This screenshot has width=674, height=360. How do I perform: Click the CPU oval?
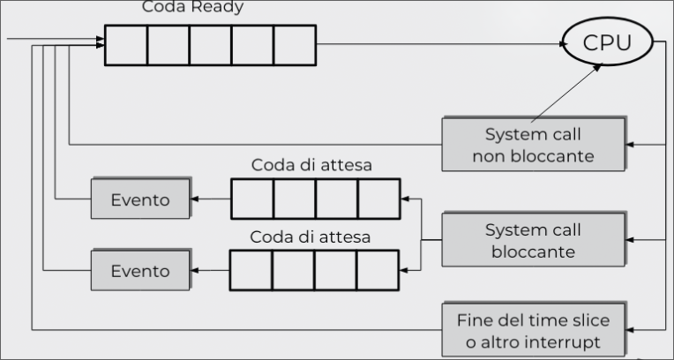(608, 42)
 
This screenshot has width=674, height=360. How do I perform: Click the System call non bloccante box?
(534, 146)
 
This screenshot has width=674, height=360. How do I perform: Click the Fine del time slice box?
(533, 330)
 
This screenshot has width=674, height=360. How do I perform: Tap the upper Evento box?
(140, 199)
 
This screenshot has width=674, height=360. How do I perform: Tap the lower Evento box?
(140, 271)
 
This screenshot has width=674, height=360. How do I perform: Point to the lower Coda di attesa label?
(309, 236)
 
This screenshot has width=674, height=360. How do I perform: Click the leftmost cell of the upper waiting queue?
(252, 199)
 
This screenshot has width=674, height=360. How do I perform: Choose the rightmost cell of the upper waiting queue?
(378, 199)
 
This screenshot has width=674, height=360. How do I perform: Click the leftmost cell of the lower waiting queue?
(251, 269)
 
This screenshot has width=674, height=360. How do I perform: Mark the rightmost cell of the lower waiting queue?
(378, 269)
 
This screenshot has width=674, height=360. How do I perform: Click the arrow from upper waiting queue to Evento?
(211, 199)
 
